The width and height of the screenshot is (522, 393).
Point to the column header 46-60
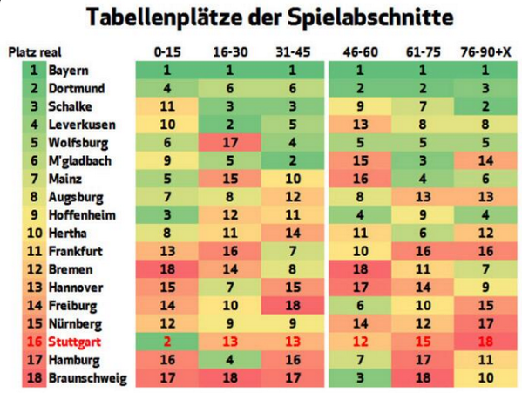click(358, 52)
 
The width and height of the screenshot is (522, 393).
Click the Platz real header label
click(35, 52)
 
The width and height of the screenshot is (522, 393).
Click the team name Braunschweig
click(88, 378)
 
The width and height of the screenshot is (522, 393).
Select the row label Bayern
click(69, 70)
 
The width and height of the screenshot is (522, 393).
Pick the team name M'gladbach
click(79, 160)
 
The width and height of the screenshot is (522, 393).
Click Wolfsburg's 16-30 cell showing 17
click(230, 142)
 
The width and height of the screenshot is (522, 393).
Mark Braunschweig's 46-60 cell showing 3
click(358, 378)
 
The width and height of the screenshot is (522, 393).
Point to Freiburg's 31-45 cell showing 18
click(293, 306)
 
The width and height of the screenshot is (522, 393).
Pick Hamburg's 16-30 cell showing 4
click(230, 360)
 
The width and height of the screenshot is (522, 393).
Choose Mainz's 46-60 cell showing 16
click(358, 179)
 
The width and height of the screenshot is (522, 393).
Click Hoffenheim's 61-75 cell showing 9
click(422, 215)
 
